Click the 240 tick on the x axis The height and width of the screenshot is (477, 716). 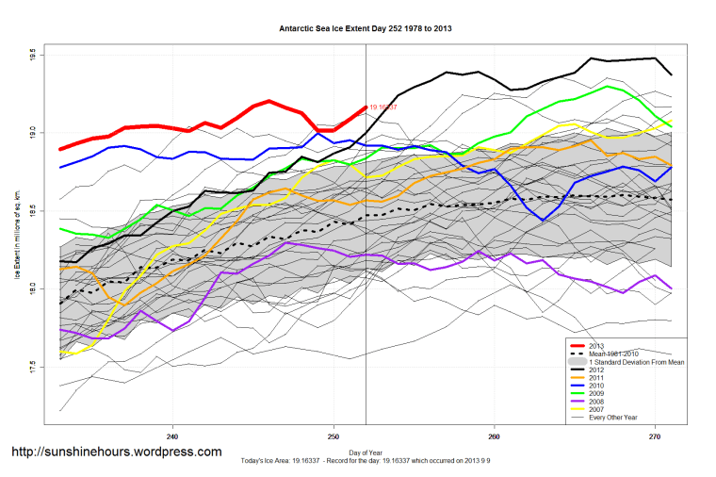point(172,436)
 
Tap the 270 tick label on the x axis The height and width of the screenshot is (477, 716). point(655,436)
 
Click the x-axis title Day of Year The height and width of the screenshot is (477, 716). point(366,453)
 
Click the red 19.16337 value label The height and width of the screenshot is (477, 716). point(382,107)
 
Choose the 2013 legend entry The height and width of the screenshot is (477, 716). point(596,345)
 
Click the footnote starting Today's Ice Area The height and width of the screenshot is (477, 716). point(366,462)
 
